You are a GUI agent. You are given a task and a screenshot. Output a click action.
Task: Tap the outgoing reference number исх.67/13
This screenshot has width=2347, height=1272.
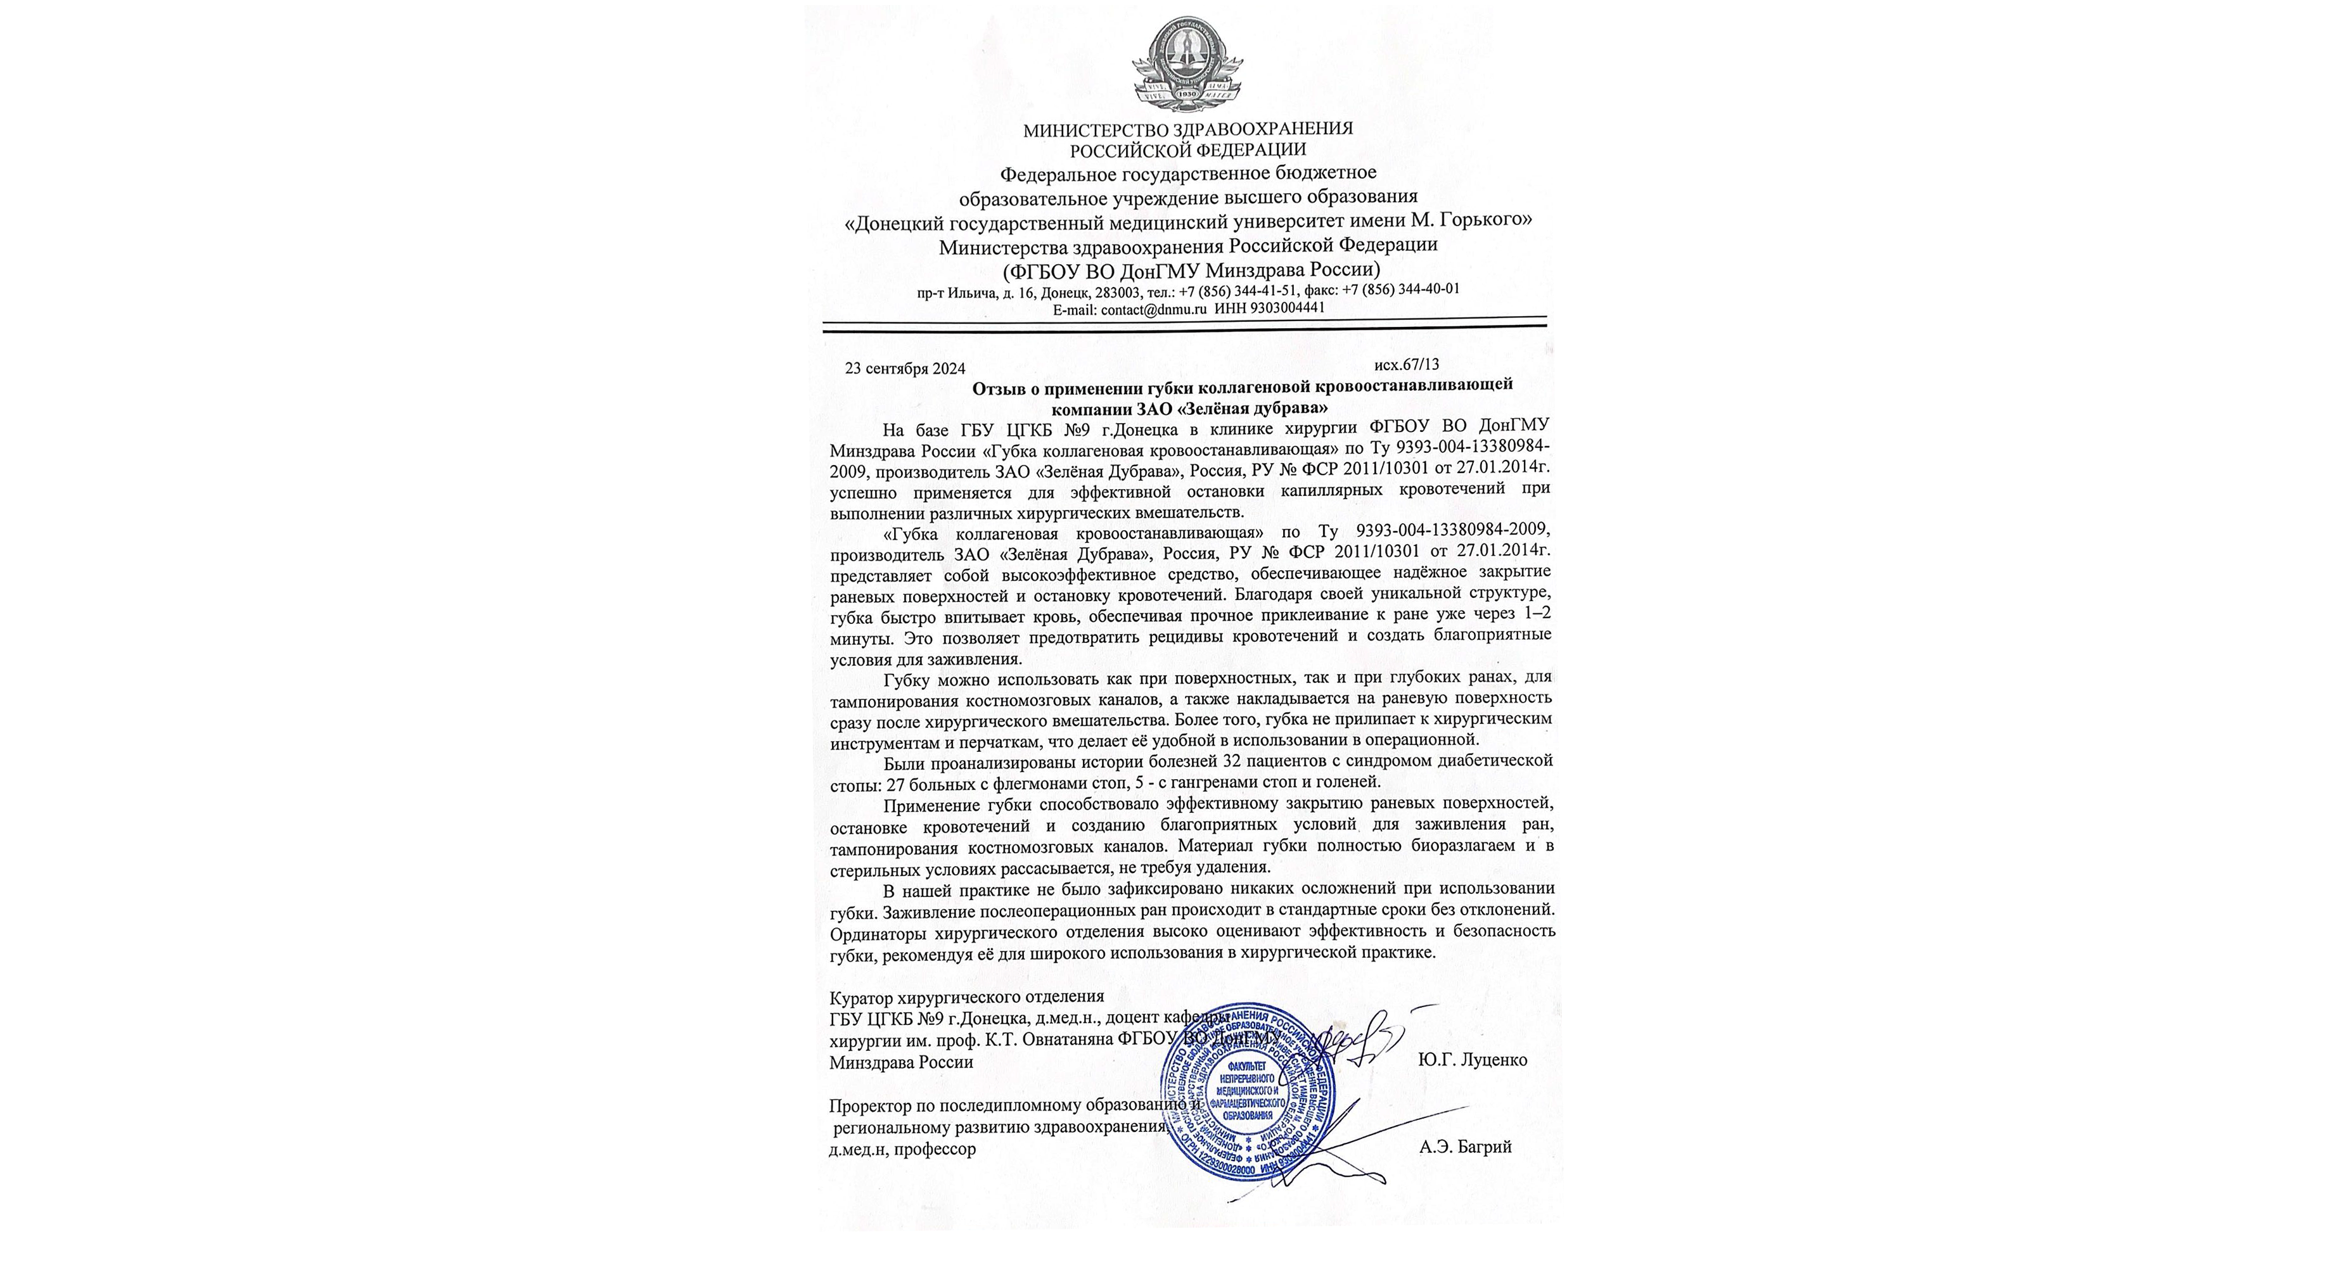tap(1407, 364)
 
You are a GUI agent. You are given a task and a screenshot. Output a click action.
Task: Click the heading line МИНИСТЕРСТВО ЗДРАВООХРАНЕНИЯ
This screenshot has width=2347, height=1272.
tap(1187, 129)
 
